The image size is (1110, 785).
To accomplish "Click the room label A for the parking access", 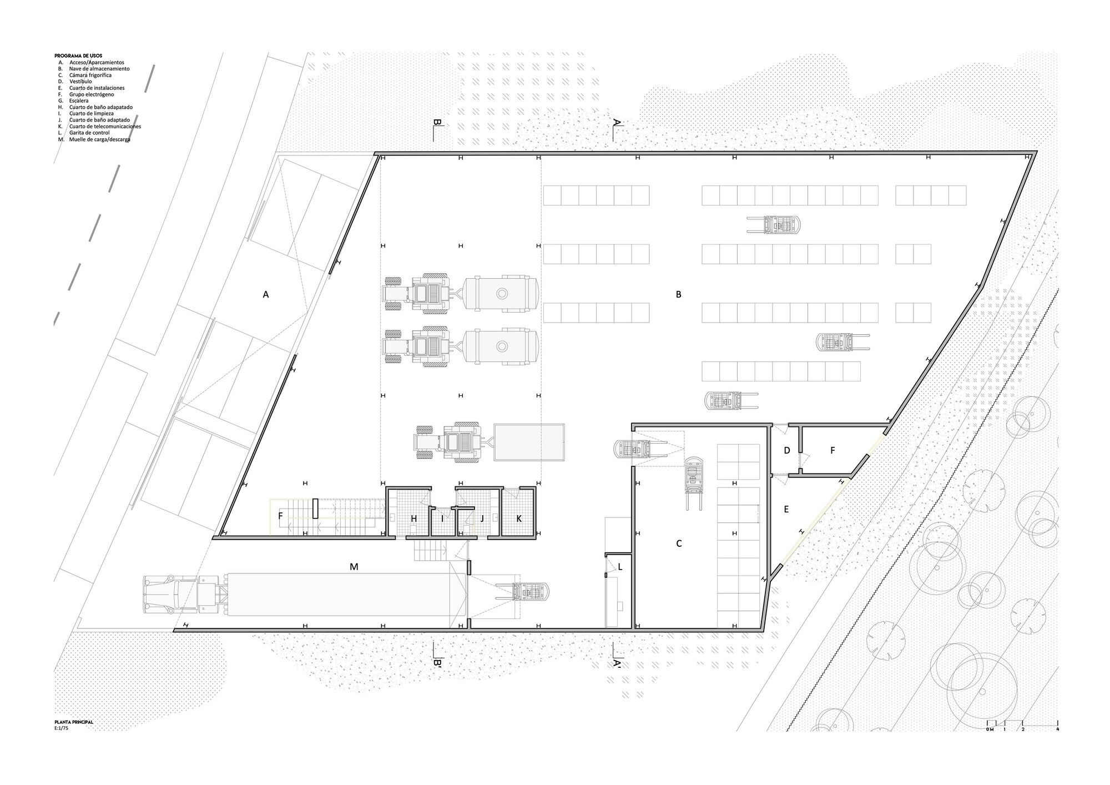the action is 266,295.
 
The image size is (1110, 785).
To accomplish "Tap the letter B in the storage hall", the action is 678,295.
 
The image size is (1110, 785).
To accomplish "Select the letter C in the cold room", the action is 679,544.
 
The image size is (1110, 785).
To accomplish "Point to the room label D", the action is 787,451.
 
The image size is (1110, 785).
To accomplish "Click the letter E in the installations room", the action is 786,509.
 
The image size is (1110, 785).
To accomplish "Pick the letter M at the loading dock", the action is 354,567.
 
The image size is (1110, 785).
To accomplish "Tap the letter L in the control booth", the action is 620,567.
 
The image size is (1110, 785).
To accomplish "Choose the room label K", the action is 519,519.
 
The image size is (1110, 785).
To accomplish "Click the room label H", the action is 413,519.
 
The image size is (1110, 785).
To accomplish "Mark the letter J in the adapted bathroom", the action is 482,519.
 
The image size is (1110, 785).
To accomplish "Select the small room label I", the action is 442,519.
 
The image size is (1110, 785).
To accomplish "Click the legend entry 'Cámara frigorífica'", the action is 90,75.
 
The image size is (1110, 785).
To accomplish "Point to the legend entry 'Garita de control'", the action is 89,133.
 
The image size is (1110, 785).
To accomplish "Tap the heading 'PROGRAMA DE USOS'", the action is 78,56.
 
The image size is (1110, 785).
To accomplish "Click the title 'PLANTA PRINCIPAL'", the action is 74,722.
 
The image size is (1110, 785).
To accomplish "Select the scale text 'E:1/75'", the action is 60,727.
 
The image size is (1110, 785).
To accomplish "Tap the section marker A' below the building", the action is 617,662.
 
